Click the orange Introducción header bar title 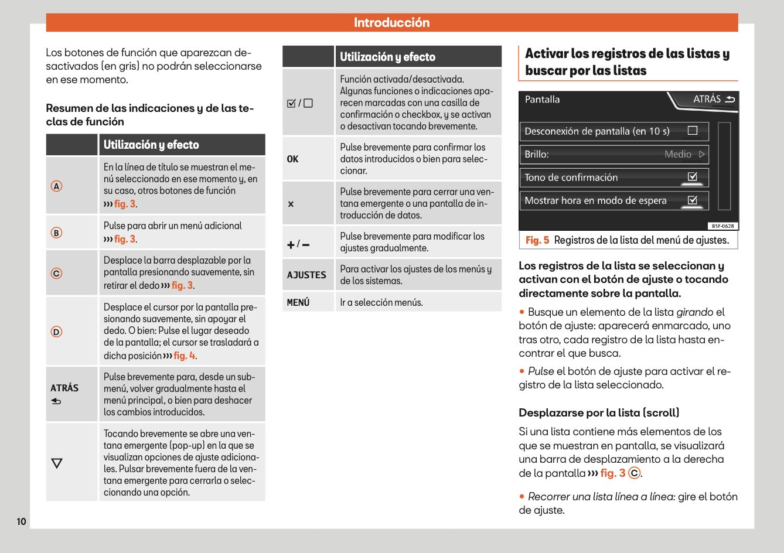coord(391,23)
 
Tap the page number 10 coord(21,521)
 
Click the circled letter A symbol coord(56,186)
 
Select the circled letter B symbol coord(56,233)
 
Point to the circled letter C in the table coord(56,273)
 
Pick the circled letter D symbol coord(56,332)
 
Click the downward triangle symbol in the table coord(57,463)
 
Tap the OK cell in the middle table coord(293,159)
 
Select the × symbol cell coord(291,204)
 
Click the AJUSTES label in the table coord(306,275)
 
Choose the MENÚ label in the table coord(298,302)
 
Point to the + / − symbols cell coord(298,244)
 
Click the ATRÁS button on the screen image coord(713,99)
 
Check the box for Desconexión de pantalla coord(693,131)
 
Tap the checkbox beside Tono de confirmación coord(693,177)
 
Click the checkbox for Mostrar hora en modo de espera coord(693,200)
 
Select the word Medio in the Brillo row coord(678,154)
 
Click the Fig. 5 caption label coord(537,240)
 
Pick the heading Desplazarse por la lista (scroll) coord(599,412)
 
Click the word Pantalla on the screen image coord(542,100)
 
